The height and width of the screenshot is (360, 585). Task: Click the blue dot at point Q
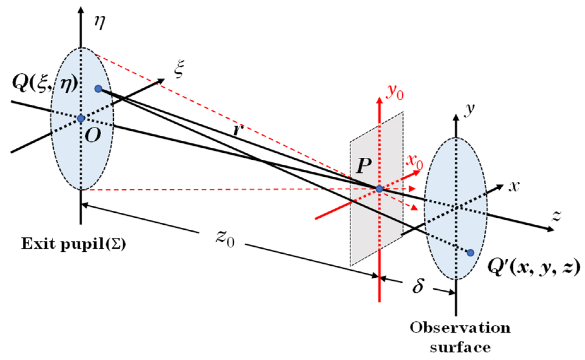(x=98, y=89)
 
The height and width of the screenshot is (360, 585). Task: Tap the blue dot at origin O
(x=81, y=118)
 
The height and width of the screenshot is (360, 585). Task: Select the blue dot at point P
(x=379, y=189)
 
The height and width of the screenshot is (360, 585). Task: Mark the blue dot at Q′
(x=470, y=252)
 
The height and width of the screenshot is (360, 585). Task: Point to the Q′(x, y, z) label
(x=534, y=268)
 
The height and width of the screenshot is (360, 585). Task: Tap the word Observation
(x=460, y=328)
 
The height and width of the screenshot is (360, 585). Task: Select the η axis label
(x=100, y=23)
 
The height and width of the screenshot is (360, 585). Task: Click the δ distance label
(x=418, y=286)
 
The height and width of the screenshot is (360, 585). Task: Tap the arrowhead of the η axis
(x=81, y=10)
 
